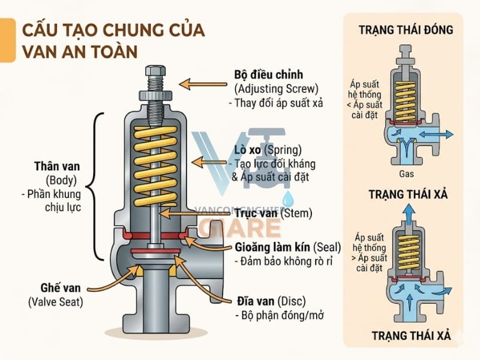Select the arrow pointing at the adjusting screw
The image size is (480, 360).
click(x=204, y=84)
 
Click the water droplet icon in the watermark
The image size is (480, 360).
click(x=289, y=198)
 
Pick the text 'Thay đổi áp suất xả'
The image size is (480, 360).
click(x=276, y=103)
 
